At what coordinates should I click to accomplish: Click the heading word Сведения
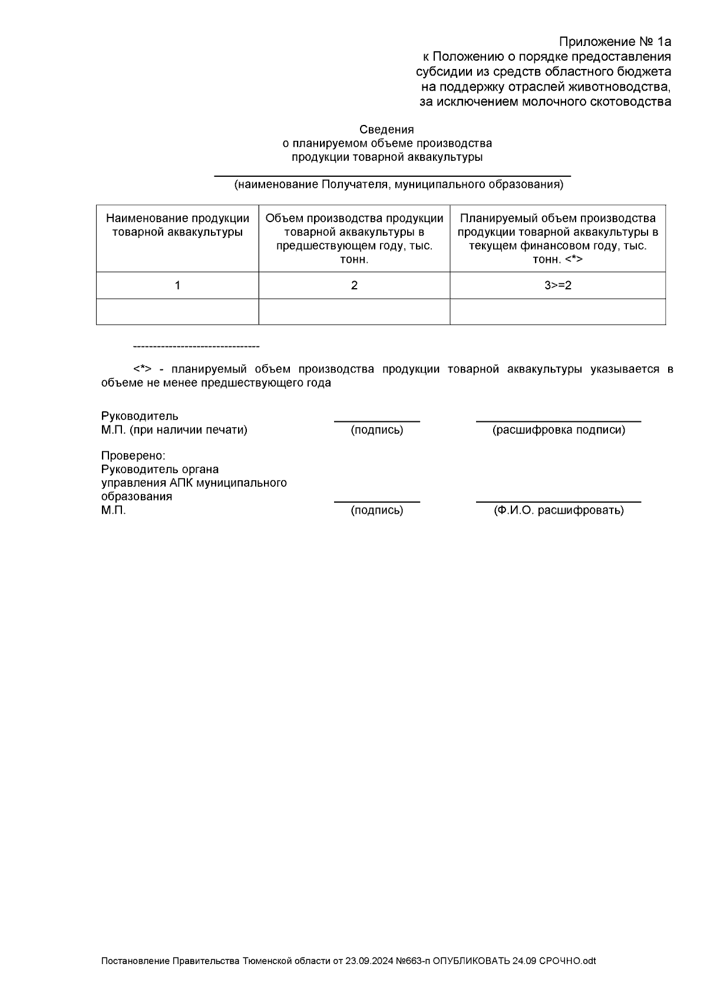tap(386, 130)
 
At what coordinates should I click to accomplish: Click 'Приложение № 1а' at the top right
tap(615, 42)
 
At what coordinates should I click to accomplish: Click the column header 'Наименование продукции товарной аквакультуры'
tap(177, 225)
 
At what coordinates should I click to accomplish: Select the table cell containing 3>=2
tap(557, 285)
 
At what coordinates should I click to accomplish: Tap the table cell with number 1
tap(177, 285)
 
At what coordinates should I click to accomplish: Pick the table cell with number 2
tap(354, 285)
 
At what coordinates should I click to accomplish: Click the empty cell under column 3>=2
tap(557, 311)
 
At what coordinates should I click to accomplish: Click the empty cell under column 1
tap(177, 311)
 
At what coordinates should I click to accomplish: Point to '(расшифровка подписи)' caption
tap(559, 430)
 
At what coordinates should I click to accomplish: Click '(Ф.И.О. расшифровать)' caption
tap(559, 510)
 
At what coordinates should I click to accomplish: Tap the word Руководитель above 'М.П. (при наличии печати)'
tap(140, 417)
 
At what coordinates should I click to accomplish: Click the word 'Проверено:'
tap(133, 456)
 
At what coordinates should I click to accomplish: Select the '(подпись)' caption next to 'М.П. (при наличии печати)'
tap(377, 430)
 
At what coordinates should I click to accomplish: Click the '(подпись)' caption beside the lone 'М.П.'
tap(377, 510)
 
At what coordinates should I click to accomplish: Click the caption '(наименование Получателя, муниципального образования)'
tap(398, 185)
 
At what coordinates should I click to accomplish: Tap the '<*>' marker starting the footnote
tap(143, 369)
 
